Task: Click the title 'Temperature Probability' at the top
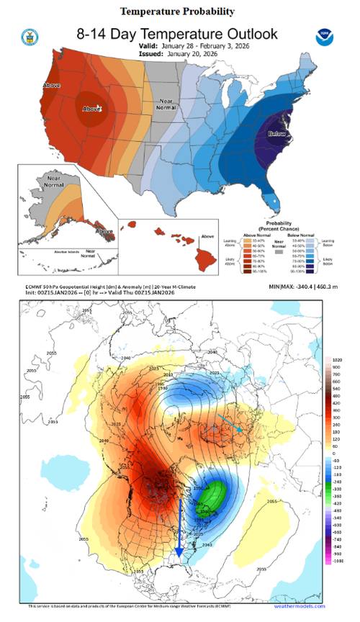click(177, 12)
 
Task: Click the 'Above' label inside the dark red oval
click(90, 110)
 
